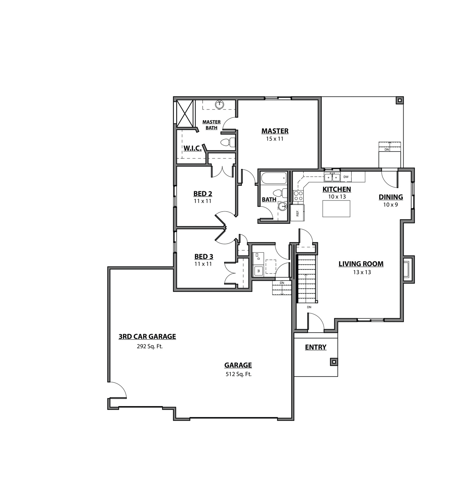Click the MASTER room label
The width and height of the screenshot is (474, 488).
tap(275, 131)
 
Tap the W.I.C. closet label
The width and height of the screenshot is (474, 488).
tap(192, 148)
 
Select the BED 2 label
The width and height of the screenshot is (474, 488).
tap(203, 194)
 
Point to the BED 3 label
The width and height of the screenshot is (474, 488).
tap(204, 257)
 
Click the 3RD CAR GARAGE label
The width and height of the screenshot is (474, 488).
tap(147, 336)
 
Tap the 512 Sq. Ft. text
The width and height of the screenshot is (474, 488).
tap(238, 374)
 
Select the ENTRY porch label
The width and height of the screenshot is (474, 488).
tap(315, 347)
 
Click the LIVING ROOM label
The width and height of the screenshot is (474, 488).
tap(361, 264)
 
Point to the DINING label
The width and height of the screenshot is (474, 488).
tap(391, 197)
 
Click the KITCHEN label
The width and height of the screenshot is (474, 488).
tap(337, 189)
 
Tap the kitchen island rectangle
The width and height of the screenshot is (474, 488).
tap(336, 209)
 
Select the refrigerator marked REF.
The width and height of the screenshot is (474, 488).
tap(297, 213)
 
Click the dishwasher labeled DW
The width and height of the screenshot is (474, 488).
tap(346, 177)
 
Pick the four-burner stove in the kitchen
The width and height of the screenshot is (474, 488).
tap(298, 195)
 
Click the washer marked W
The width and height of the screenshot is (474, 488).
tap(258, 271)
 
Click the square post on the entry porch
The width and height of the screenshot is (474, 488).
tap(334, 362)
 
